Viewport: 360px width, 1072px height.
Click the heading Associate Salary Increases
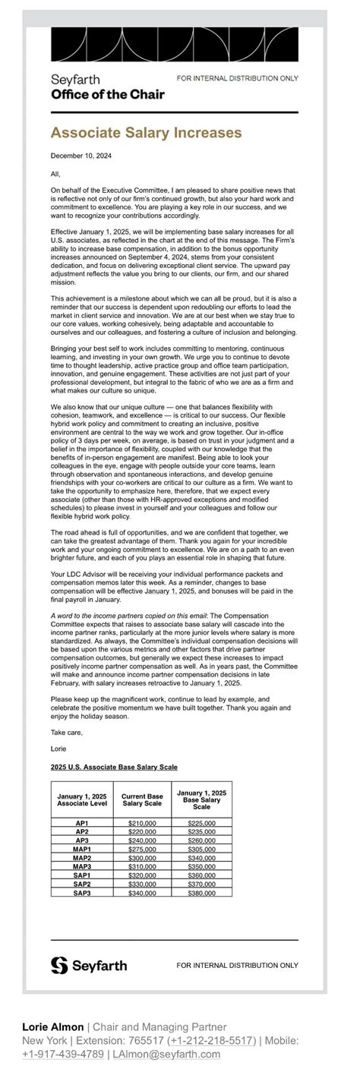pyautogui.click(x=146, y=133)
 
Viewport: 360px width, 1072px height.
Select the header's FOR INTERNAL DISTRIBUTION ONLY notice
pyautogui.click(x=237, y=78)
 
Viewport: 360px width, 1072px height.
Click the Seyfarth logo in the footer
pyautogui.click(x=89, y=965)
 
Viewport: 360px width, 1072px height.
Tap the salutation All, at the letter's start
pyautogui.click(x=55, y=174)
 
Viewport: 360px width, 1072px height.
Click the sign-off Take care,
pyautogui.click(x=67, y=733)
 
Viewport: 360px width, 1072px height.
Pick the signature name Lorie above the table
pyautogui.click(x=58, y=749)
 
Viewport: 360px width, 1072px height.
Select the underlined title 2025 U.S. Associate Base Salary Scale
pyautogui.click(x=114, y=767)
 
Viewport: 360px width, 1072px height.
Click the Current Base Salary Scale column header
pyautogui.click(x=142, y=799)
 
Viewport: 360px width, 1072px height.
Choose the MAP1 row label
pyautogui.click(x=82, y=849)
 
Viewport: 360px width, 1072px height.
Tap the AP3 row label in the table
pyautogui.click(x=82, y=840)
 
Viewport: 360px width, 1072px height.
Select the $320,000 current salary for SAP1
pyautogui.click(x=142, y=875)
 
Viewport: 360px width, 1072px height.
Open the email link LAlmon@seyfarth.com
pyautogui.click(x=166, y=1054)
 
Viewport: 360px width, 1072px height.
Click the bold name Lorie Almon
pyautogui.click(x=52, y=1027)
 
